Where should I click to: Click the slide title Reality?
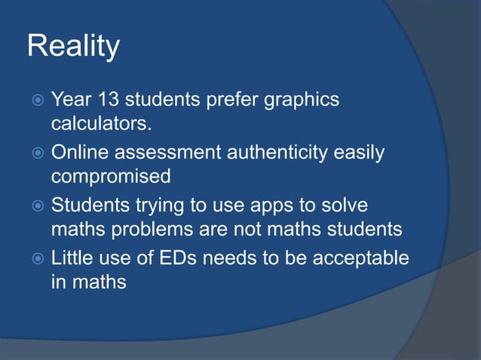click(x=73, y=47)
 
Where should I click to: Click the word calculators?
click(x=100, y=122)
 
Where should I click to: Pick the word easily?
click(x=360, y=154)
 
